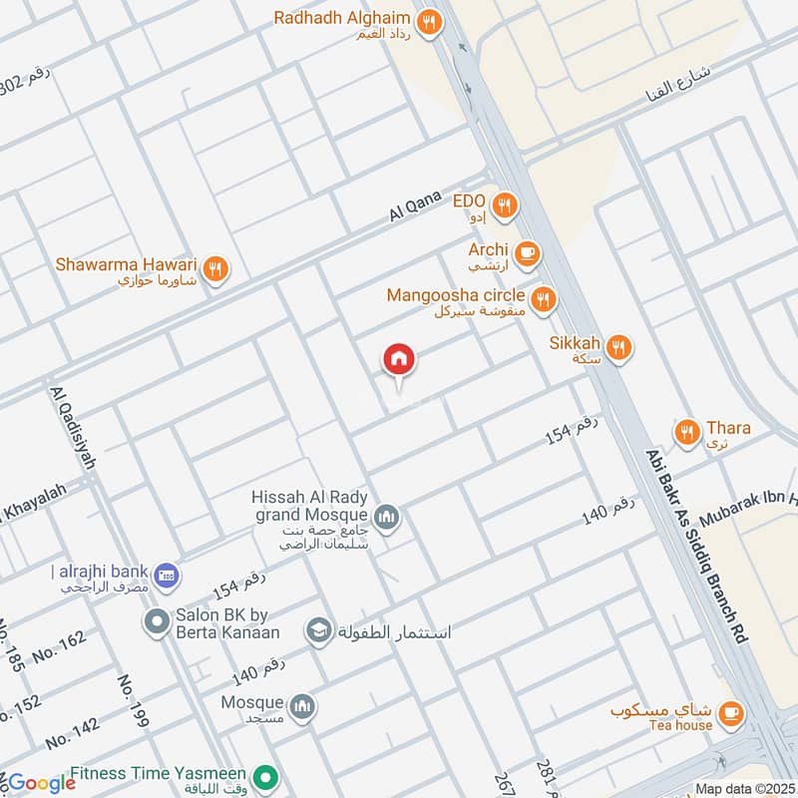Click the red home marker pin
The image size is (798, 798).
pos(399,360)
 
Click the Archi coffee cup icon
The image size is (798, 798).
pos(528,253)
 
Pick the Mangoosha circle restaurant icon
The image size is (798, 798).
pos(543,298)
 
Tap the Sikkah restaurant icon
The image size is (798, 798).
pos(618,346)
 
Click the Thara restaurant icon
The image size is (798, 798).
pos(686,432)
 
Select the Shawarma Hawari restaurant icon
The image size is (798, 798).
pos(215,267)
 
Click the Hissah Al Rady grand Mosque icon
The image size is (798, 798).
pos(387,517)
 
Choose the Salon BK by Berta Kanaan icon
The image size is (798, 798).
pos(156,623)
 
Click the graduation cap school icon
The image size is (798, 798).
pos(318,630)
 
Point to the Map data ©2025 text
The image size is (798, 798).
pos(742,788)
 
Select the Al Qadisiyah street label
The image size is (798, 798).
pos(71,429)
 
